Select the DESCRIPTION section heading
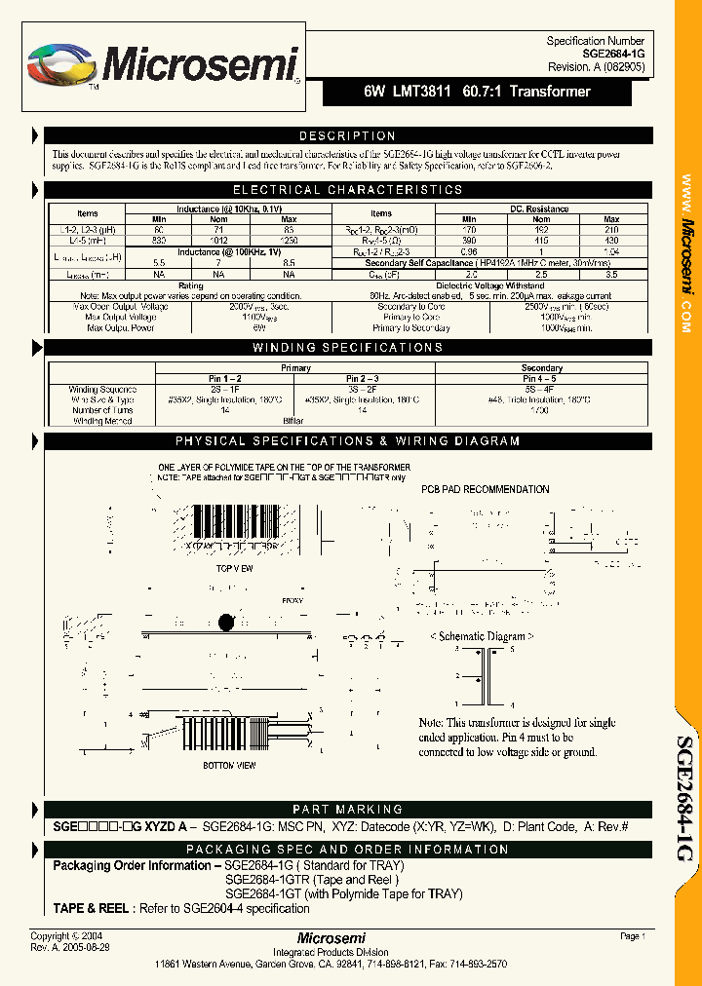click(x=346, y=136)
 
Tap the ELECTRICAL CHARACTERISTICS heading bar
click(x=346, y=190)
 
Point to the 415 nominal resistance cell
click(x=540, y=240)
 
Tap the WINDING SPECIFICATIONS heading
click(x=346, y=348)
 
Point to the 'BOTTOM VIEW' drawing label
click(x=230, y=765)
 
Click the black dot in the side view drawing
click(x=227, y=623)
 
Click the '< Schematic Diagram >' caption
click(x=483, y=635)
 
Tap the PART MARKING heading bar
click(x=346, y=810)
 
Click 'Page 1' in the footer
click(x=632, y=935)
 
